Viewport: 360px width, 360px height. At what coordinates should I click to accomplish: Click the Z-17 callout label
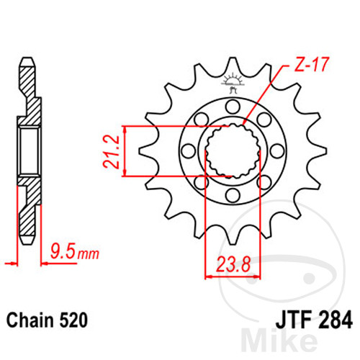pyautogui.click(x=311, y=64)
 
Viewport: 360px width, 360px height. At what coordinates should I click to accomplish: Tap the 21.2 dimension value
pyautogui.click(x=111, y=151)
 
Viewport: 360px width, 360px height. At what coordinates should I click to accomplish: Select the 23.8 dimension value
pyautogui.click(x=233, y=264)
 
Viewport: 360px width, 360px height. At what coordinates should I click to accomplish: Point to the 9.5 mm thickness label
pyautogui.click(x=75, y=251)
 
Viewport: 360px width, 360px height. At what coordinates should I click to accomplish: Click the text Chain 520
pyautogui.click(x=47, y=320)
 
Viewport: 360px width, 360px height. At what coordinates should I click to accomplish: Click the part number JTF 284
pyautogui.click(x=314, y=320)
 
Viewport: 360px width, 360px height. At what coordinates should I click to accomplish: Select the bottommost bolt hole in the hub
pyautogui.click(x=233, y=195)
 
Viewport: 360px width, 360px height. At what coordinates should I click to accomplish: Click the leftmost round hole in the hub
pyautogui.click(x=189, y=151)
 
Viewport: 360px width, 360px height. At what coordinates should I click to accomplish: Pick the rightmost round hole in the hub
pyautogui.click(x=277, y=151)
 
